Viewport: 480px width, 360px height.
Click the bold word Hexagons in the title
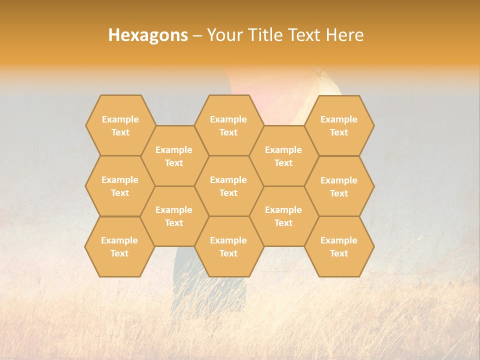[x=148, y=35]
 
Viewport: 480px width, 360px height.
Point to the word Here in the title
[x=344, y=35]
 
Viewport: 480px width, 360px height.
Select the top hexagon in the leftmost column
[x=120, y=125]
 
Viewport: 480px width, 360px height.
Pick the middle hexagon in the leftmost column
[x=120, y=186]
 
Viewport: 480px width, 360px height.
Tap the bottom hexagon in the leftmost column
[x=119, y=246]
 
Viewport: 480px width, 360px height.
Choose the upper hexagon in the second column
[x=174, y=156]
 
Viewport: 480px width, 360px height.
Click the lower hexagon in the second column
[x=174, y=216]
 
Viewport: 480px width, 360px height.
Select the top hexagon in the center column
[x=228, y=125]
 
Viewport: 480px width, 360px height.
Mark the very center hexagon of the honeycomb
[x=228, y=186]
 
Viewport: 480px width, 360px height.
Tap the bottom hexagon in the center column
[x=228, y=246]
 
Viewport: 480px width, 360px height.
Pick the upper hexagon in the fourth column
[x=283, y=156]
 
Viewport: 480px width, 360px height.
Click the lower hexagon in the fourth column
[x=283, y=216]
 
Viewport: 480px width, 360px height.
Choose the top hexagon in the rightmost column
[x=339, y=125]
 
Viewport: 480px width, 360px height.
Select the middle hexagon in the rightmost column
[x=339, y=186]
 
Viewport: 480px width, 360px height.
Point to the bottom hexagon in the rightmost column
[x=339, y=246]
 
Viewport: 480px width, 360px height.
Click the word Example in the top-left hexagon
[x=120, y=119]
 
